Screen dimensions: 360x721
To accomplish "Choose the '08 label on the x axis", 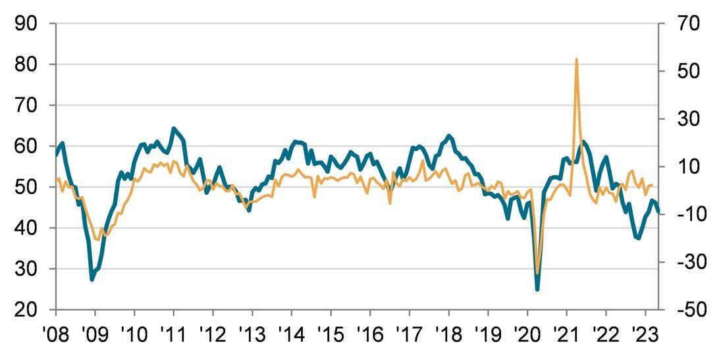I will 56,332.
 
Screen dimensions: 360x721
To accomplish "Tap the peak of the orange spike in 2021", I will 577,59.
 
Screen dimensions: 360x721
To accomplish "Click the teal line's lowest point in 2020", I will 537,289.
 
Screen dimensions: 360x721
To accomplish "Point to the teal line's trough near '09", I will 92,280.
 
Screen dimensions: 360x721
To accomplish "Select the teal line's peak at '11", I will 173,128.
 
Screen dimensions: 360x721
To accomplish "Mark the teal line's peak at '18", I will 449,136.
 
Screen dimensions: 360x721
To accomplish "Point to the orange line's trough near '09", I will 98,240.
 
